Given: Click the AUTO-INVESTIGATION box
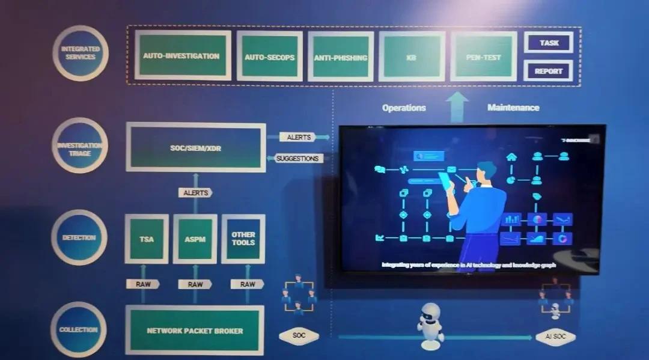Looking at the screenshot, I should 182,56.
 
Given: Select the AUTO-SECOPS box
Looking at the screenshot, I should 269,56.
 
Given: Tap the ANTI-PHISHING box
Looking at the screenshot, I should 341,57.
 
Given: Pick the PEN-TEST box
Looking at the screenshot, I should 483,57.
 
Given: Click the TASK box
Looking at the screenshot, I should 549,43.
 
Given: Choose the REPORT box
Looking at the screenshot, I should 548,71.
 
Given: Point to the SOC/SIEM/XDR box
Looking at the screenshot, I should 195,147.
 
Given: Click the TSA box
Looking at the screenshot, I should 146,239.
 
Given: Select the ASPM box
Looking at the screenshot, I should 195,239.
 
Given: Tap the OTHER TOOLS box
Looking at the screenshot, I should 243,239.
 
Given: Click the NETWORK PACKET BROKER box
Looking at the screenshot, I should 195,331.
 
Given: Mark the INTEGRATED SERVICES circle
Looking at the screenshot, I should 80,53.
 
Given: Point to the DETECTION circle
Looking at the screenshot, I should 79,237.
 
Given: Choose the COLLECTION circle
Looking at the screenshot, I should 79,329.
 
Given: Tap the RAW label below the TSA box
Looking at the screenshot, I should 143,284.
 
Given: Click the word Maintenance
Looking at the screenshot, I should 513,108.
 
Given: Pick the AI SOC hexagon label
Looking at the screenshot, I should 555,336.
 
